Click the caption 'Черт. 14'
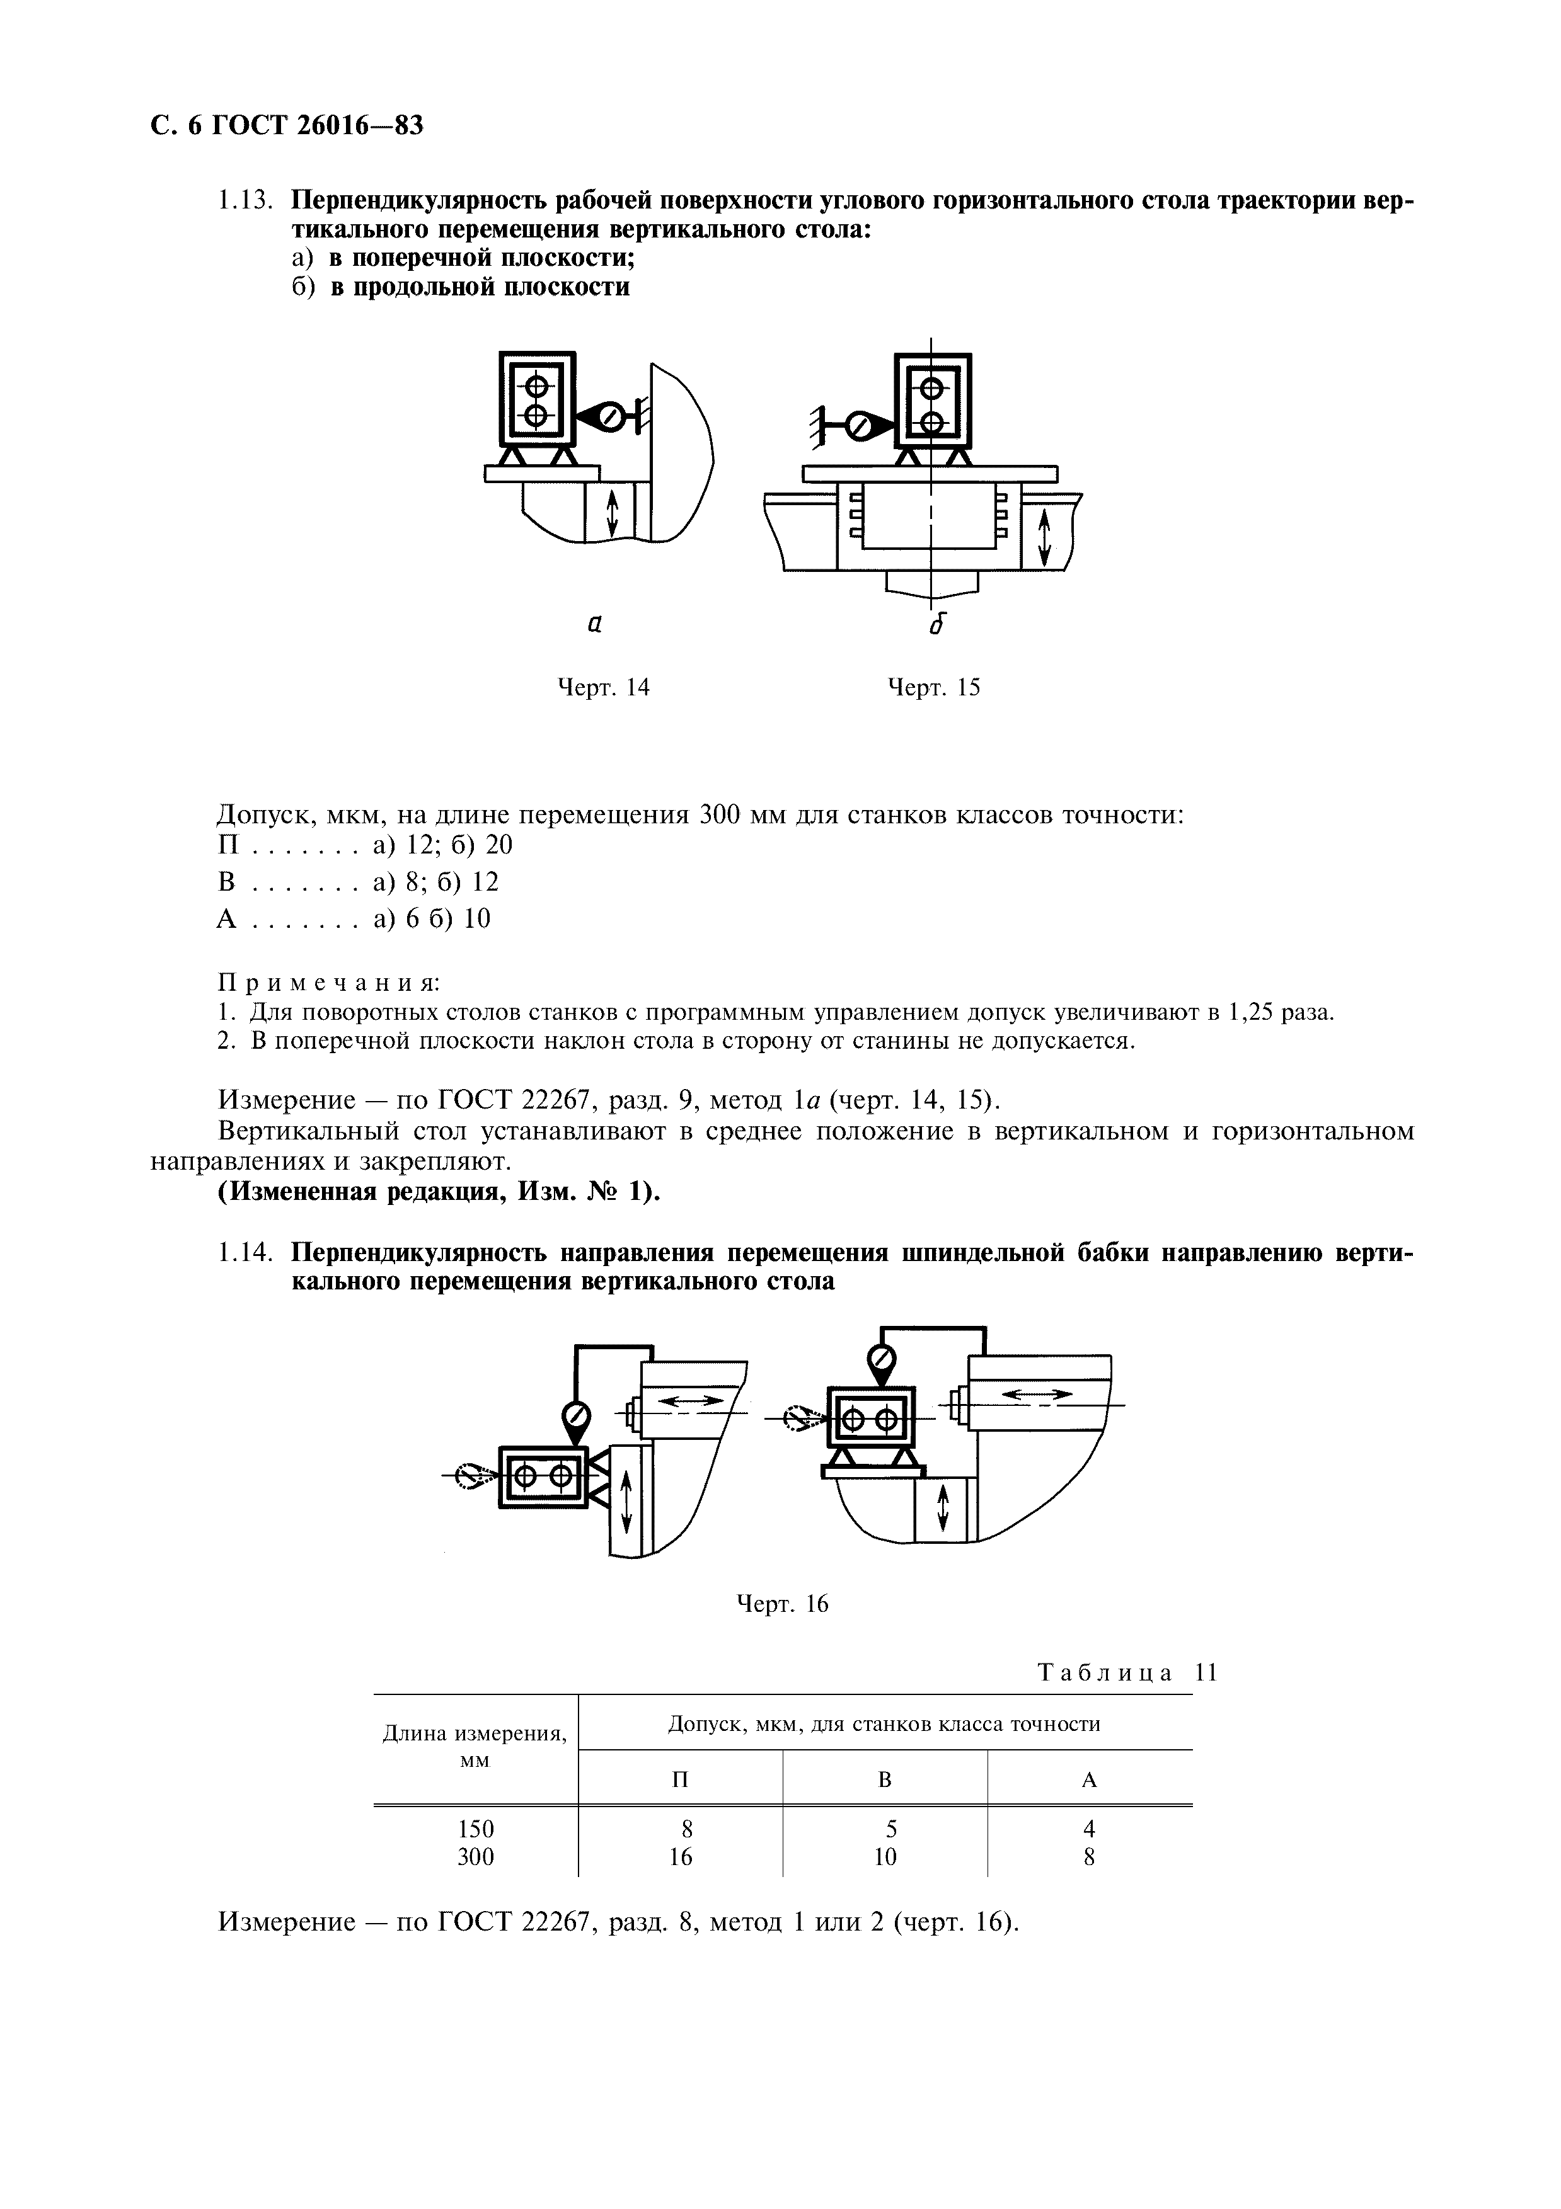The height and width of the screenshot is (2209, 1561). tap(604, 687)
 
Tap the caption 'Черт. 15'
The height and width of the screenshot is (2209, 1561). tap(933, 687)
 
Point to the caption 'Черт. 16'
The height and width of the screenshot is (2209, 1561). tap(781, 1604)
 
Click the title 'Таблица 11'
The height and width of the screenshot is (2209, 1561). tap(1127, 1672)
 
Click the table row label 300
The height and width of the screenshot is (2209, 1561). tap(475, 1857)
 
